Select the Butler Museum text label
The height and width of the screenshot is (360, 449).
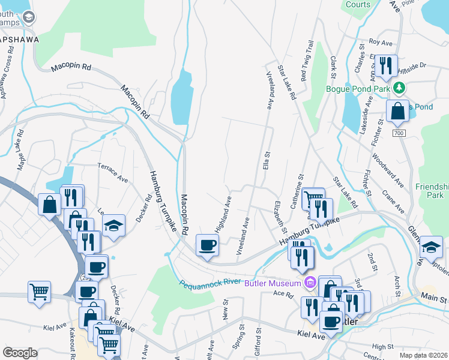273,283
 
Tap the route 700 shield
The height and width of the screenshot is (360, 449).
399,133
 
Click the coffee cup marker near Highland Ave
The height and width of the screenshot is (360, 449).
207,245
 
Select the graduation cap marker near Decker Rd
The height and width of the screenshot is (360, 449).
113,226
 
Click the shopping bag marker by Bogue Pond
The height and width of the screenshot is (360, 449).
397,111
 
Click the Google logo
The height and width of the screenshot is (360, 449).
20,353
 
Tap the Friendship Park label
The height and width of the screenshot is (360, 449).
432,191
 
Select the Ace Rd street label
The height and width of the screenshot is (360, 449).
282,294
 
